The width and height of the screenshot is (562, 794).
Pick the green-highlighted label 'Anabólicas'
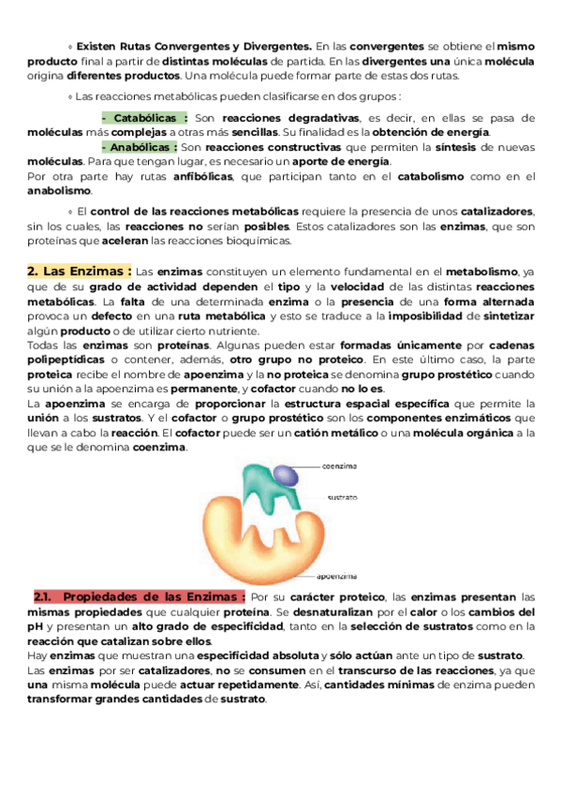[144, 147]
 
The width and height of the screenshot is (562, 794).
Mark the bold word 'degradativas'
[321, 119]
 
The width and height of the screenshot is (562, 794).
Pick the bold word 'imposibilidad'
[436, 316]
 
